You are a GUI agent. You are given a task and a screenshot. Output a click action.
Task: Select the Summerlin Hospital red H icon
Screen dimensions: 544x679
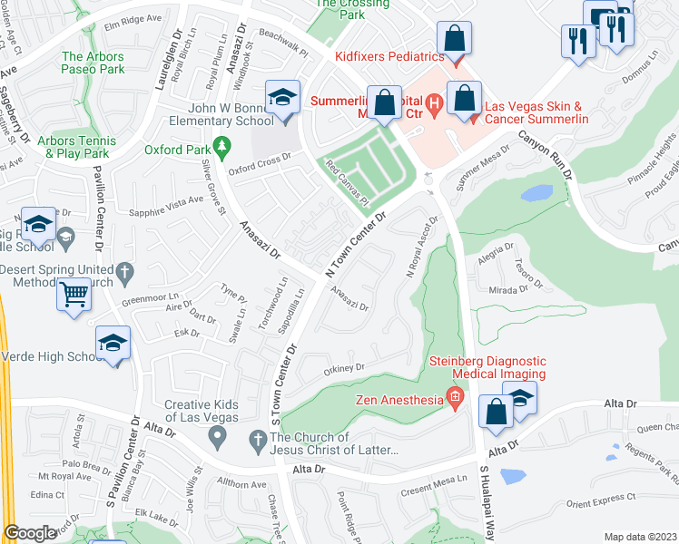click(434, 103)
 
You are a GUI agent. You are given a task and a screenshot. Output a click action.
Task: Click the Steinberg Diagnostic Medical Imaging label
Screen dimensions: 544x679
click(487, 366)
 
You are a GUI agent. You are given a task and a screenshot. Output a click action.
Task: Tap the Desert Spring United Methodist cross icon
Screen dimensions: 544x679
click(126, 270)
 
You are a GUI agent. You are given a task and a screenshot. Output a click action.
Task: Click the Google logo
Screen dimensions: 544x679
click(30, 533)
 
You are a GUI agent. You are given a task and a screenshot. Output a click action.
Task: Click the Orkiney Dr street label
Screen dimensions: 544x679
click(344, 369)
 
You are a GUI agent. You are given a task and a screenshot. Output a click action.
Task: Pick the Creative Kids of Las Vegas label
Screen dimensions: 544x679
click(202, 411)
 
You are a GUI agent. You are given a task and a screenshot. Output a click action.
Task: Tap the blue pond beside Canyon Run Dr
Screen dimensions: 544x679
click(536, 193)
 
